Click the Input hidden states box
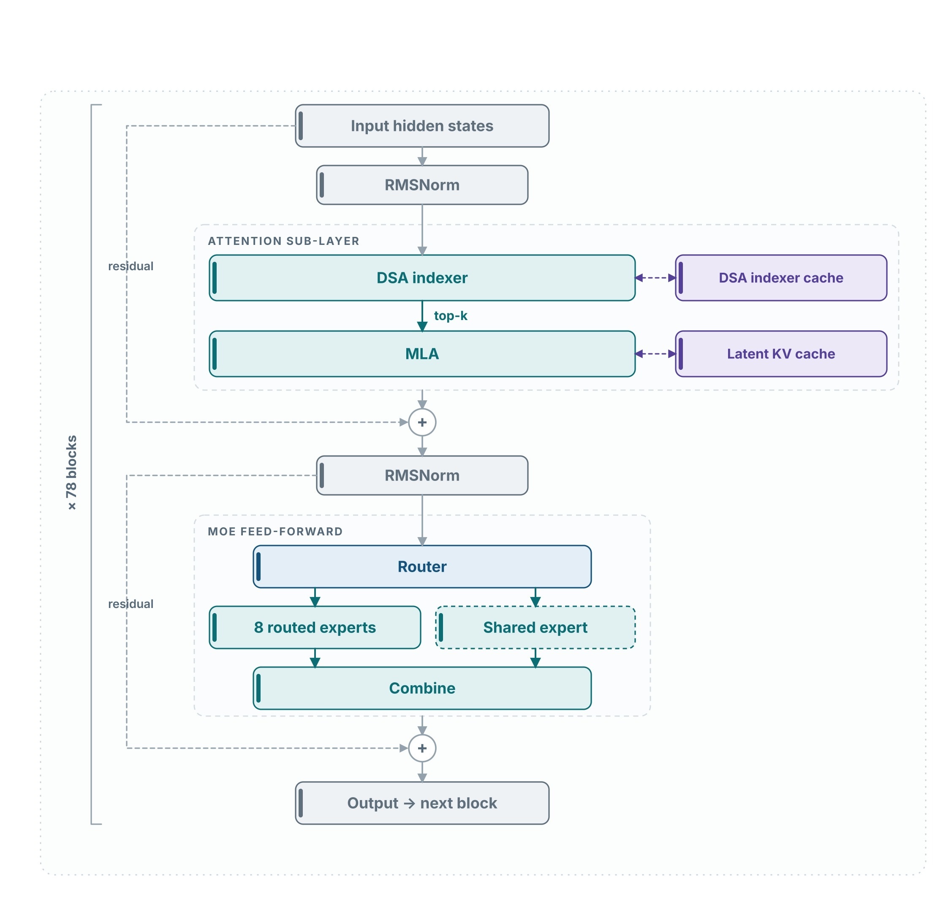(x=422, y=126)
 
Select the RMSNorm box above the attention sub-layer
(x=422, y=185)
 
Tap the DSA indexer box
(x=422, y=278)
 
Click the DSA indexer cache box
(x=781, y=278)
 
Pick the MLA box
(x=422, y=354)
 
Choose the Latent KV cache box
(x=781, y=354)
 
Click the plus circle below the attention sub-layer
(x=422, y=422)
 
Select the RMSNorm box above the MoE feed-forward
(x=422, y=475)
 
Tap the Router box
(x=422, y=567)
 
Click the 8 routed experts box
(x=315, y=627)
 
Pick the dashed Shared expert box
(x=535, y=627)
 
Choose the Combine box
(x=422, y=688)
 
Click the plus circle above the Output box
(x=422, y=749)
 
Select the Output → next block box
(x=422, y=803)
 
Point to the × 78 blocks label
(x=71, y=472)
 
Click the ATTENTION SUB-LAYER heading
(x=283, y=241)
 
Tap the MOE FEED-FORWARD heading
(x=275, y=531)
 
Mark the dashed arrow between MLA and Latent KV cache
(x=655, y=354)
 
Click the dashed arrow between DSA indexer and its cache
(x=655, y=277)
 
